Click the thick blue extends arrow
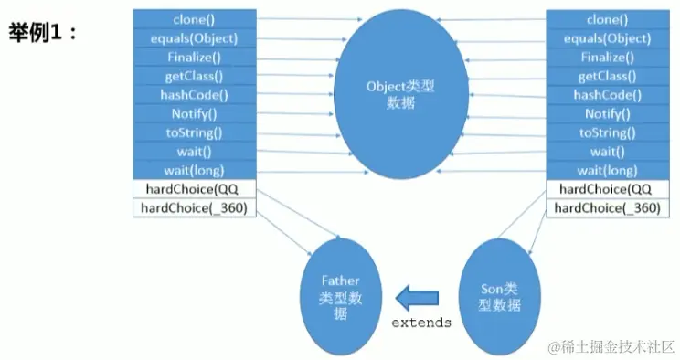point(416,297)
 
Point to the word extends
point(421,323)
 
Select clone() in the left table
point(194,19)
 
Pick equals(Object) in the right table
point(607,38)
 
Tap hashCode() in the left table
point(194,94)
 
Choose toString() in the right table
point(607,132)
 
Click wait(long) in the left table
point(194,170)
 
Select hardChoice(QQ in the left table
point(194,189)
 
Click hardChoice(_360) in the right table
point(607,207)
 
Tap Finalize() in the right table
point(607,57)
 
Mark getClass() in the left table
point(194,76)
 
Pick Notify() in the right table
point(607,113)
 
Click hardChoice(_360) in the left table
point(194,207)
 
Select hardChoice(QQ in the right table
point(607,189)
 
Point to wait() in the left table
point(194,151)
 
